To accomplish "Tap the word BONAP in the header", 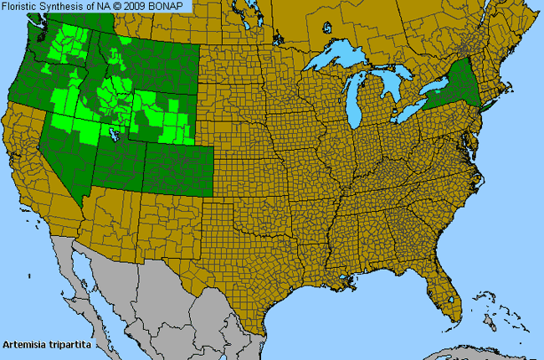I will [173, 7].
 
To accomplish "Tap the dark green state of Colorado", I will [177, 167].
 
